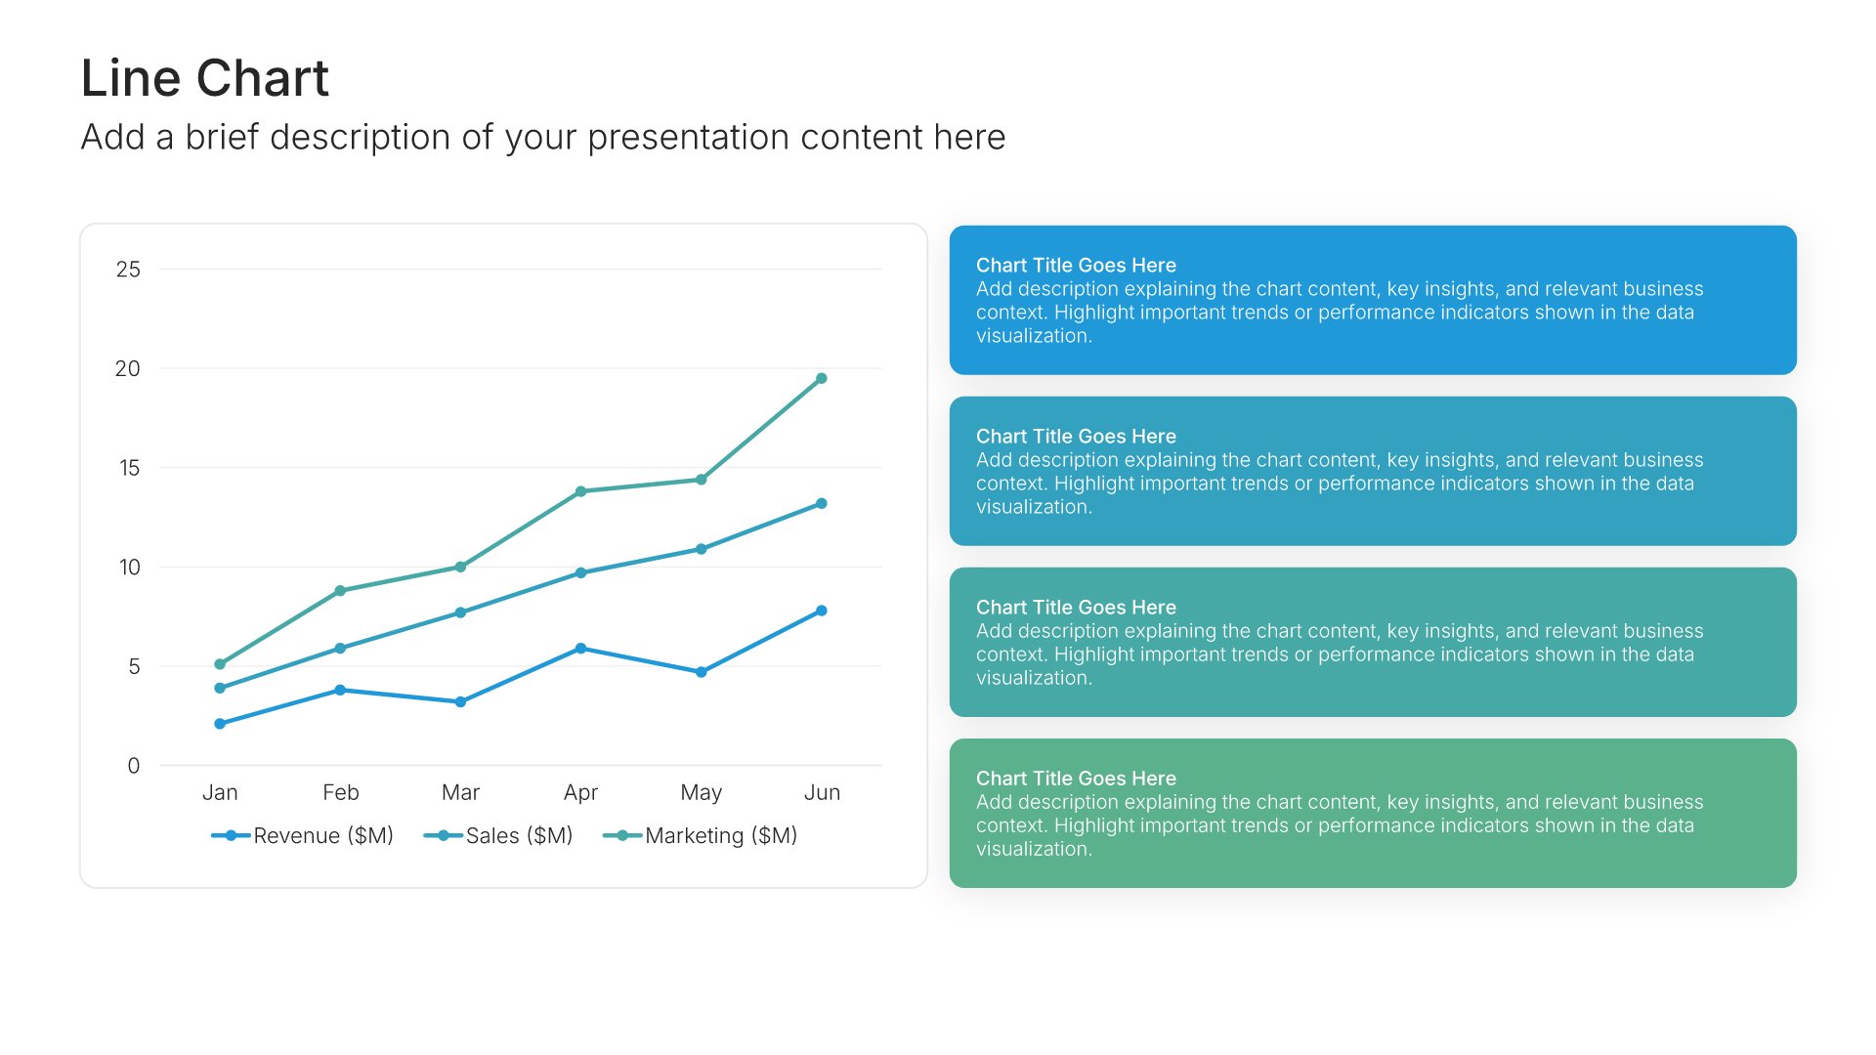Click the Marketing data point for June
click(822, 378)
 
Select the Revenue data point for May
click(702, 672)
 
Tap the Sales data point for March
click(460, 612)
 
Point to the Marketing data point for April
click(580, 491)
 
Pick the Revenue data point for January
click(220, 724)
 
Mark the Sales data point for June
click(822, 503)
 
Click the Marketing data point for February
click(340, 591)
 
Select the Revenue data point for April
click(580, 649)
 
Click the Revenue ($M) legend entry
click(303, 835)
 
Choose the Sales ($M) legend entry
click(498, 835)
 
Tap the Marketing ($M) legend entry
click(701, 835)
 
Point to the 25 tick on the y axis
click(128, 270)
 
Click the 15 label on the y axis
click(130, 468)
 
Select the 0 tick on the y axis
click(134, 766)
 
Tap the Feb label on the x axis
click(341, 792)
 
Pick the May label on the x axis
click(702, 792)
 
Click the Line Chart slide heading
click(205, 78)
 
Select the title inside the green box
click(1076, 779)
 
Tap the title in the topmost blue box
click(1076, 266)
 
